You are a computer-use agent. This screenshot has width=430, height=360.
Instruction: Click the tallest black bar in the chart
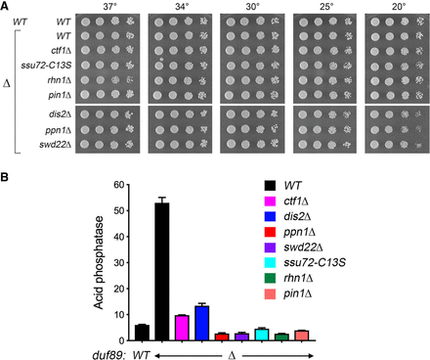pos(162,272)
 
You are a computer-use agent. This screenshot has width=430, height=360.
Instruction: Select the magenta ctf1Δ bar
pos(182,328)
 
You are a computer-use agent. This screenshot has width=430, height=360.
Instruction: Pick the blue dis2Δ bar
pos(202,323)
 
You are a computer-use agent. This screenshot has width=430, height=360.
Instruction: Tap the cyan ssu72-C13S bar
pos(262,335)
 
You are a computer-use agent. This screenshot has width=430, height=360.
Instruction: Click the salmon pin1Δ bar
pos(302,336)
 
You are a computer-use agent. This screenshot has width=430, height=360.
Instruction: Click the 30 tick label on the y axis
pos(119,263)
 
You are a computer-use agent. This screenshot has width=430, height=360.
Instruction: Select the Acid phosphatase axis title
pos(99,262)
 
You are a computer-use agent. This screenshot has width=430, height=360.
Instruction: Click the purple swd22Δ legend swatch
pos(270,247)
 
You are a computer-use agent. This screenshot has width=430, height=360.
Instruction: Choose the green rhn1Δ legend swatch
pos(270,279)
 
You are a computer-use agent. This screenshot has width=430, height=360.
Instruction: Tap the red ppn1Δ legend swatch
pos(270,232)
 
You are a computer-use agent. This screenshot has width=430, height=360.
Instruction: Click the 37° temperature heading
pos(110,7)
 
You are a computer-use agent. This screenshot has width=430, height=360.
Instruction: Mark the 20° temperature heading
pos(399,7)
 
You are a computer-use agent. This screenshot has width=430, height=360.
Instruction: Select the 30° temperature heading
pos(253,7)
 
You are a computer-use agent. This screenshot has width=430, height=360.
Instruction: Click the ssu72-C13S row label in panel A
pos(46,66)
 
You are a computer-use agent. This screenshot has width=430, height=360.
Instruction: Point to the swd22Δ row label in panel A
pos(56,145)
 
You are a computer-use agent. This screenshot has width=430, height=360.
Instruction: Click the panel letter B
pos(4,177)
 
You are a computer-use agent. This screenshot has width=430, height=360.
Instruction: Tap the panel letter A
pos(4,6)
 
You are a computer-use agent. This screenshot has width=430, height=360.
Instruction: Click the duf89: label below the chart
pos(109,355)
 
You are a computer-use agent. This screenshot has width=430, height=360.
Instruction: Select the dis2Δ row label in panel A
pos(59,114)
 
